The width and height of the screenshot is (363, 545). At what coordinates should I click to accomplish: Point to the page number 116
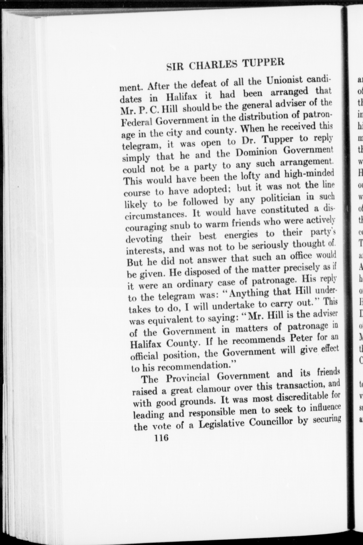(x=162, y=514)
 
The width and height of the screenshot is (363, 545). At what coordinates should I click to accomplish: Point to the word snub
(x=178, y=226)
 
